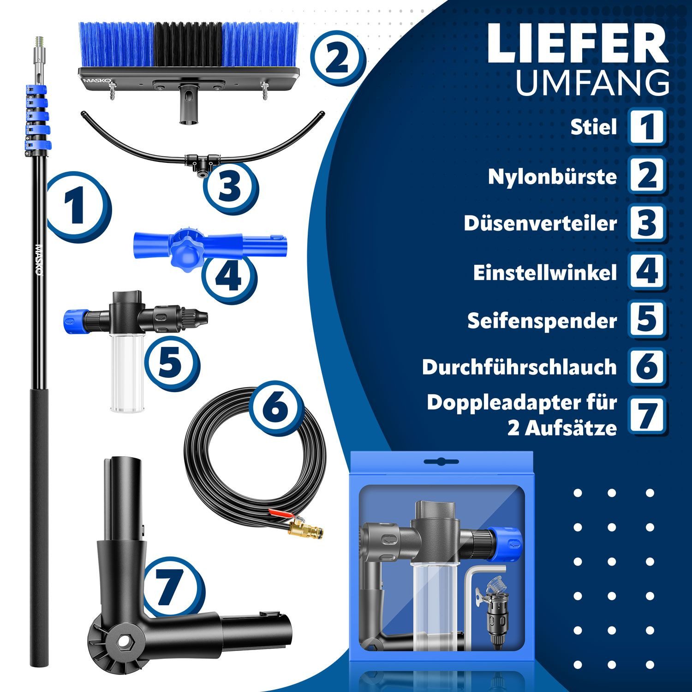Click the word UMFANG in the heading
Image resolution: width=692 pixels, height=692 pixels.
[592, 83]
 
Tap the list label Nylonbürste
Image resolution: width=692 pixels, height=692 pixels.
[552, 176]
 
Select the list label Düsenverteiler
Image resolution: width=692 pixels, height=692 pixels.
[540, 223]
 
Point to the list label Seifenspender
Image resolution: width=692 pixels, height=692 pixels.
[542, 321]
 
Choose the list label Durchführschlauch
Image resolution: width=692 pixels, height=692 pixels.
[519, 367]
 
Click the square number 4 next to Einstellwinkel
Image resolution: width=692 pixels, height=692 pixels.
[647, 271]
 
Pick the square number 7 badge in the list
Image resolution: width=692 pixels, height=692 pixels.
[647, 414]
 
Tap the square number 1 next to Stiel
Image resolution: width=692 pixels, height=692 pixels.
[647, 126]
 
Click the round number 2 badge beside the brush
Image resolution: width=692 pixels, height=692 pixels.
[337, 59]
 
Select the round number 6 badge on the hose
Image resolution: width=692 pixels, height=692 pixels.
[276, 408]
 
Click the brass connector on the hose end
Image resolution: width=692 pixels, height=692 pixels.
[305, 528]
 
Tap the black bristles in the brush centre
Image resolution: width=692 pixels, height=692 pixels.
[187, 45]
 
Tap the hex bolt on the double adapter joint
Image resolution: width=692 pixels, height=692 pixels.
[124, 640]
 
